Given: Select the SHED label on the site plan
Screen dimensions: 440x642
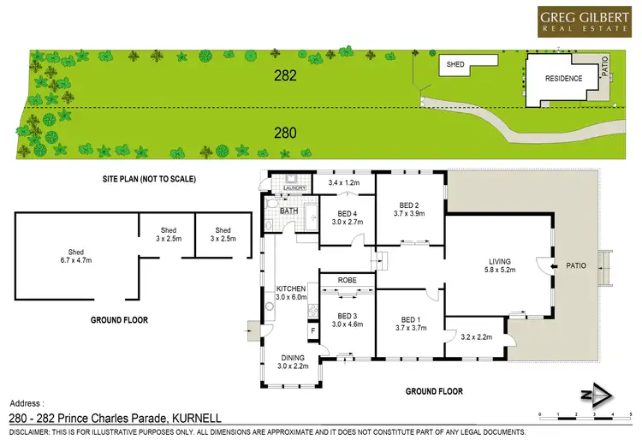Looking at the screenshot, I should point(455,64).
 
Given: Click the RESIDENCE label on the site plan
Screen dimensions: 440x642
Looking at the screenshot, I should point(563,79).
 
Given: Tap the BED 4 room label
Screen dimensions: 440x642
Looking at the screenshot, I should point(347,217).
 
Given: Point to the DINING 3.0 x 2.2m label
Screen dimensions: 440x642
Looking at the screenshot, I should point(292,361).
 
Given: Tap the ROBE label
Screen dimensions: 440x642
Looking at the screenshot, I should point(347,279).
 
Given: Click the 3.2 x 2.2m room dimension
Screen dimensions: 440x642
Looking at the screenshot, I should point(475,337).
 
